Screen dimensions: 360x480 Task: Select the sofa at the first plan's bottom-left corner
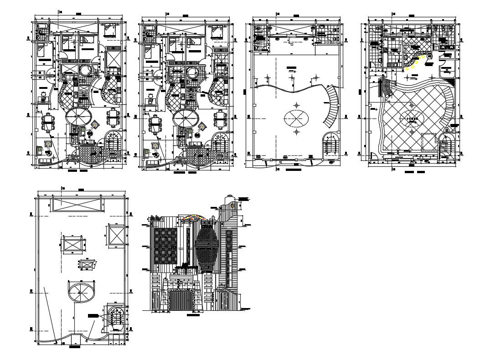coord(44,160)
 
